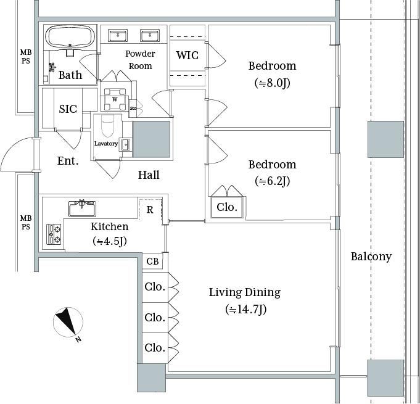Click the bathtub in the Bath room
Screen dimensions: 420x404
click(70, 37)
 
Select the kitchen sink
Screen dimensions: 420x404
click(82, 208)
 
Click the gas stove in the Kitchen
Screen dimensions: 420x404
click(54, 234)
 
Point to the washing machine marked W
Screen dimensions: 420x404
click(115, 99)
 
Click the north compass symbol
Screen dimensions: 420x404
click(68, 323)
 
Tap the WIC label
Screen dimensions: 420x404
click(187, 56)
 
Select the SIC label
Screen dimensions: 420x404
click(68, 109)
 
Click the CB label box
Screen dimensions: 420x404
click(152, 261)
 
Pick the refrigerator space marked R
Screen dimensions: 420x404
click(150, 209)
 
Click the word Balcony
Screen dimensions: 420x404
click(371, 257)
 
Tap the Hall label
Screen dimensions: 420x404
click(149, 175)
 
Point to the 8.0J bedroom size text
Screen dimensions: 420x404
click(272, 83)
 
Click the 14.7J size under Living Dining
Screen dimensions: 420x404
click(245, 310)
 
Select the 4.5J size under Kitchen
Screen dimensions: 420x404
click(110, 241)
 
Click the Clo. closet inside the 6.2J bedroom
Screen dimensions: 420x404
click(227, 207)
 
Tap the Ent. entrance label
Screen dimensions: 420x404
click(68, 161)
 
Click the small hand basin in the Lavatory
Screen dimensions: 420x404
click(125, 145)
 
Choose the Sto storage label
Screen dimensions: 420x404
click(133, 108)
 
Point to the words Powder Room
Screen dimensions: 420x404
click(140, 60)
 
